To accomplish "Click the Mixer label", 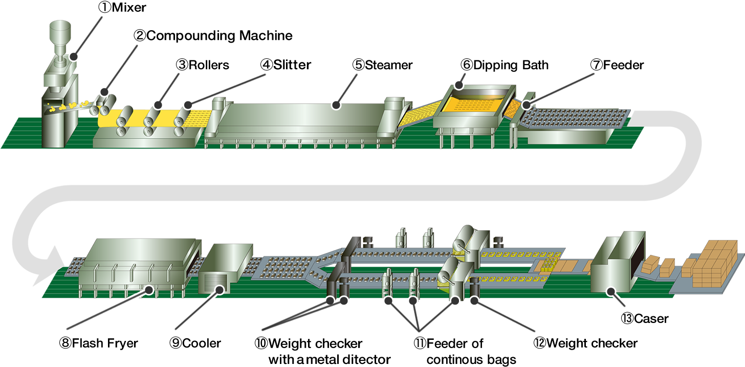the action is [x=122, y=7].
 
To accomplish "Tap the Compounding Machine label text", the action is [x=213, y=36].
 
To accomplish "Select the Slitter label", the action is [x=286, y=64].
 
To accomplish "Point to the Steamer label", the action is [x=383, y=65].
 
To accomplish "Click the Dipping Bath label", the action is [x=505, y=65].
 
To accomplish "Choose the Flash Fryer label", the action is [x=98, y=343].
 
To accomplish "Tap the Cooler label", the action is [x=195, y=343].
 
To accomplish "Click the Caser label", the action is [x=645, y=318].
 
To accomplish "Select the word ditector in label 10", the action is [x=366, y=359].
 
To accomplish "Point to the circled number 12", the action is [x=540, y=343].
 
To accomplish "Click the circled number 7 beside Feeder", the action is [x=596, y=65].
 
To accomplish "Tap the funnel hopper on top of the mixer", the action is [x=60, y=32].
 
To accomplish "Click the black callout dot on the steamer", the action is [x=336, y=105].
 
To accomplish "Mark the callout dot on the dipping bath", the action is [x=459, y=85].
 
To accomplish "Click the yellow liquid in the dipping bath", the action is [x=472, y=105].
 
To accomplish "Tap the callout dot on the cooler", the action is [x=220, y=290].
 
